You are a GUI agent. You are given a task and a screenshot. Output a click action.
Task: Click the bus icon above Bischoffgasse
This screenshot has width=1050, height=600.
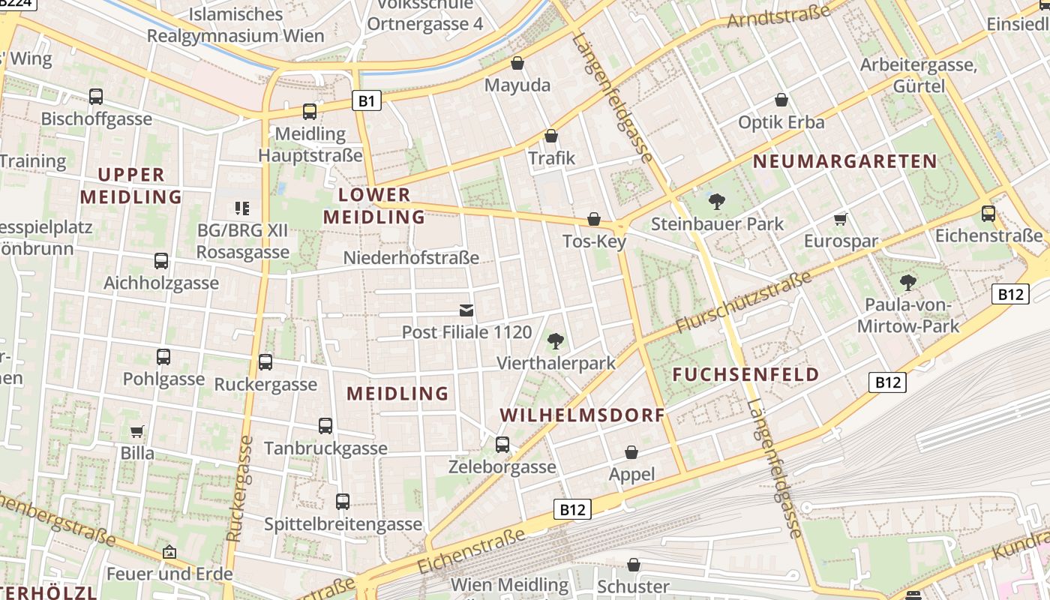click(96, 97)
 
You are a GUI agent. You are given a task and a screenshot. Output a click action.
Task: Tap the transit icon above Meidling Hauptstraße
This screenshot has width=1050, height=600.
click(309, 112)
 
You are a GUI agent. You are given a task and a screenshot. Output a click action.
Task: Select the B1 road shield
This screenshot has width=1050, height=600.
click(366, 100)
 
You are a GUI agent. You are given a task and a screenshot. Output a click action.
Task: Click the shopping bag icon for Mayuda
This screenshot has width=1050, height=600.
click(517, 63)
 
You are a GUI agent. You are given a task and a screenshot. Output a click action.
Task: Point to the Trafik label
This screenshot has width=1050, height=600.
click(551, 157)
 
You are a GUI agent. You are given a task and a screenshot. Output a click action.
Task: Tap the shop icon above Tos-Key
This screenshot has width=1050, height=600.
click(593, 219)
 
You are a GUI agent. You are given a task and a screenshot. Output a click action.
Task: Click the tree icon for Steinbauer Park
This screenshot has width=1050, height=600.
click(716, 201)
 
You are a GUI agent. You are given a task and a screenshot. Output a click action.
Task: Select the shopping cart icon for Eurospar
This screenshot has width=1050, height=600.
click(840, 219)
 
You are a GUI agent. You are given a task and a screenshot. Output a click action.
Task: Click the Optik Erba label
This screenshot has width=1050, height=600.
click(781, 122)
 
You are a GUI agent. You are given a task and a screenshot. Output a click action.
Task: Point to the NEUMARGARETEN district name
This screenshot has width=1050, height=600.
click(844, 161)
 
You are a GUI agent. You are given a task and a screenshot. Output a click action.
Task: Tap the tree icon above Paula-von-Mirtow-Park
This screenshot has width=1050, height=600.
click(907, 283)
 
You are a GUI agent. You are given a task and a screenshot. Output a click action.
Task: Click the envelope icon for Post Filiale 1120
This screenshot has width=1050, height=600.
click(466, 310)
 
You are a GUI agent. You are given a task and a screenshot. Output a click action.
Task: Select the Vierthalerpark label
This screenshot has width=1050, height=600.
click(556, 363)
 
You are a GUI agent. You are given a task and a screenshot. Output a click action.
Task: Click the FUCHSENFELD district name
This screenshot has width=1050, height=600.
click(745, 375)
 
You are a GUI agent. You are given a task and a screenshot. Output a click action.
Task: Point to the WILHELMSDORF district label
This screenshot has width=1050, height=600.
click(582, 415)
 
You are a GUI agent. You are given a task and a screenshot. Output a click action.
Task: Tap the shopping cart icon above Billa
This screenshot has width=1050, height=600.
click(137, 431)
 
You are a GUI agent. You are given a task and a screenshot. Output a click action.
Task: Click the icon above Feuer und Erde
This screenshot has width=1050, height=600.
click(169, 552)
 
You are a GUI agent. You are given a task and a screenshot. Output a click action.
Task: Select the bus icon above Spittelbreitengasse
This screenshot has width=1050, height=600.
click(343, 501)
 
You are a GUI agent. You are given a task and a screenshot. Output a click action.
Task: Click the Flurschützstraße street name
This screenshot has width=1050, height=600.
click(743, 303)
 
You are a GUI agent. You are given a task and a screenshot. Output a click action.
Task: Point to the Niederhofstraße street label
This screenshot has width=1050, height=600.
click(411, 258)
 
